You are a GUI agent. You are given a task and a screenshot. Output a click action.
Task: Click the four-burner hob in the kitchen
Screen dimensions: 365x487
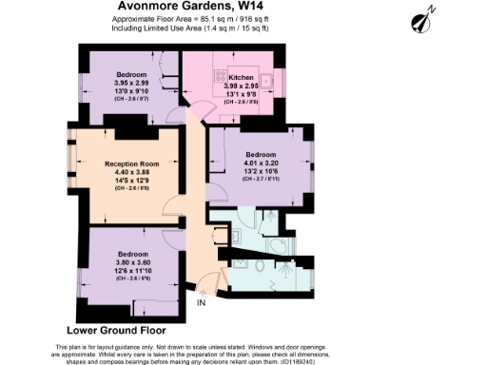[x=224, y=79]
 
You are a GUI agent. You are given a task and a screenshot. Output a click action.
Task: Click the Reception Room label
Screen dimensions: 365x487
[x=130, y=163]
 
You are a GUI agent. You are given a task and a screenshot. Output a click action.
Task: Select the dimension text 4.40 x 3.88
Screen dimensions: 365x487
[x=130, y=172]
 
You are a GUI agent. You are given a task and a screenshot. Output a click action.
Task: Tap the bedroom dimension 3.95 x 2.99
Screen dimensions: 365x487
[x=131, y=82]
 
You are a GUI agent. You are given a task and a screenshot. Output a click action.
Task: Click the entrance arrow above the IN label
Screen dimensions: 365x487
[x=201, y=289]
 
